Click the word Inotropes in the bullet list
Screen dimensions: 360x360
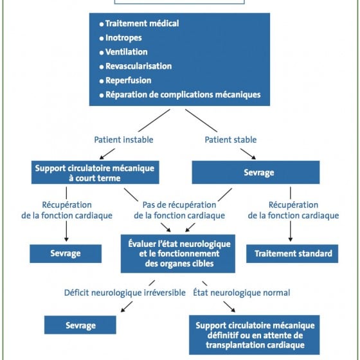pos(123,38)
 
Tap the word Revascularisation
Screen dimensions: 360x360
pos(138,66)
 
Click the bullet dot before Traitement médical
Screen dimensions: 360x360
pos(102,24)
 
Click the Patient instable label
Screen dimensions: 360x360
pos(123,139)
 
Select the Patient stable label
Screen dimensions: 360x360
pos(231,139)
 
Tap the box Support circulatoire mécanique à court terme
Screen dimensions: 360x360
pos(95,172)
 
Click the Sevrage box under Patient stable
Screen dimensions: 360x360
pos(256,172)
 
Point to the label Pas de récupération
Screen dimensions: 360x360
pos(179,205)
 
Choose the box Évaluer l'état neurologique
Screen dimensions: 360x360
pos(178,254)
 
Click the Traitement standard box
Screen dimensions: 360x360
pos(292,254)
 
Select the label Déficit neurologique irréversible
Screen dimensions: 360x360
pos(125,292)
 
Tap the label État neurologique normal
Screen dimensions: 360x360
pos(242,292)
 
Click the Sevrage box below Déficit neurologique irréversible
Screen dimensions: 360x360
pos(80,325)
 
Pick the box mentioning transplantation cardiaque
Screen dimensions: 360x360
pos(255,335)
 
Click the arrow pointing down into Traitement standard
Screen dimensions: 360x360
pos(291,231)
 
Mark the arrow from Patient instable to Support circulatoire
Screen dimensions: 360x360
pos(107,154)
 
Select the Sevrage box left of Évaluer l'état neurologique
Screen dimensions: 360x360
pos(66,254)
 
